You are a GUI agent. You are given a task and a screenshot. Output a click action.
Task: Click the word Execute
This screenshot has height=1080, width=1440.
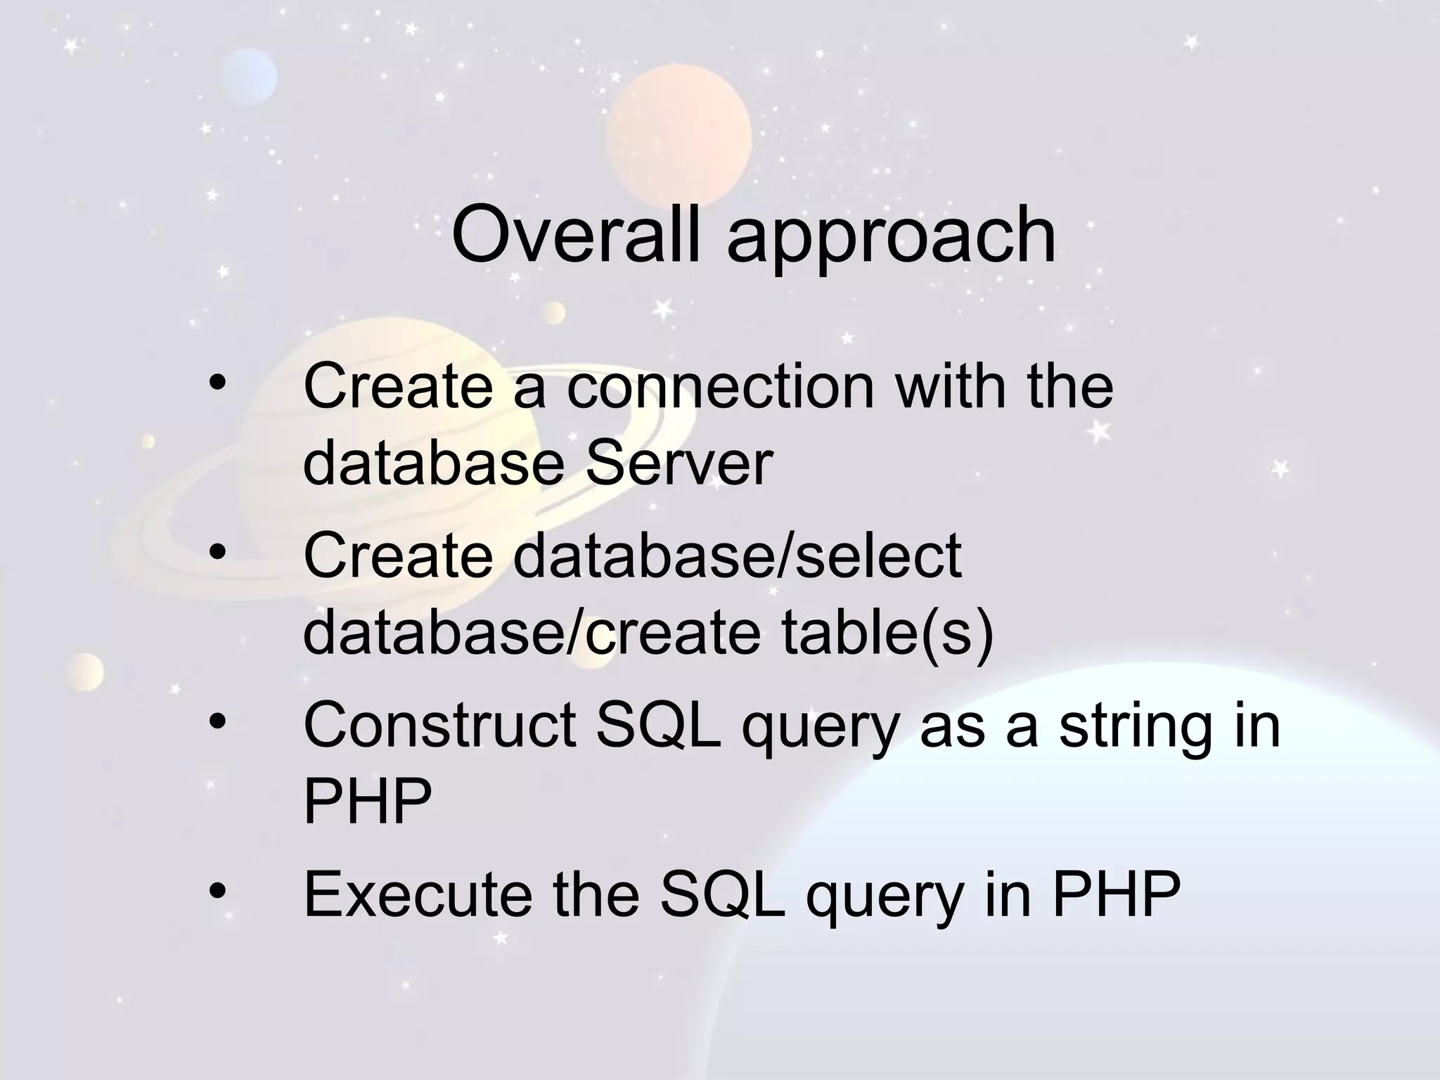(418, 894)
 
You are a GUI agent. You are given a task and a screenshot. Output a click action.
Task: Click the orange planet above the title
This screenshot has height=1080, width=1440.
(679, 137)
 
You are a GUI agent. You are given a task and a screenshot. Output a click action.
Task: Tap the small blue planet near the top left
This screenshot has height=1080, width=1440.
(248, 76)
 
